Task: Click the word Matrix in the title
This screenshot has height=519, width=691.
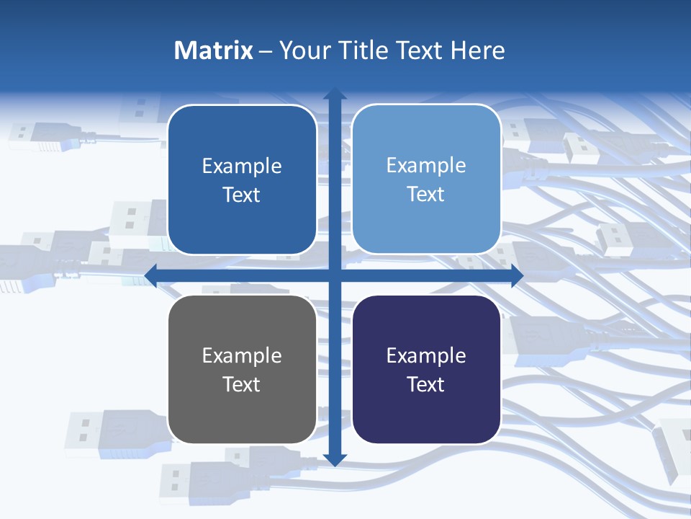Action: tap(214, 50)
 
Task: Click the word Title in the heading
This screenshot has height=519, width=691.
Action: tap(363, 50)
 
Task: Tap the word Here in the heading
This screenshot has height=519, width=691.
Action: tap(478, 50)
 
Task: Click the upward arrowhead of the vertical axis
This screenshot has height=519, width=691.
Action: tap(335, 94)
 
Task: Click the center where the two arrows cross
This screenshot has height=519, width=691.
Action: tap(335, 275)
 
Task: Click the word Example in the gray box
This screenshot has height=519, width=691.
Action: tap(242, 356)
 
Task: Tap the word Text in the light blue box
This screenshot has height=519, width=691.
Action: tap(426, 195)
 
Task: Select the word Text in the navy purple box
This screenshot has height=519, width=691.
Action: tap(426, 384)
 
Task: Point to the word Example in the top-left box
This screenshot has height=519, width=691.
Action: tap(242, 167)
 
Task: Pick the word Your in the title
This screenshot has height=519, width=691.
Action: tap(302, 50)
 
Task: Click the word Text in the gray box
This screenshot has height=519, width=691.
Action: tap(242, 384)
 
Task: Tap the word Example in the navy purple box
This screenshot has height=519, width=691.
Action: tap(426, 356)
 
